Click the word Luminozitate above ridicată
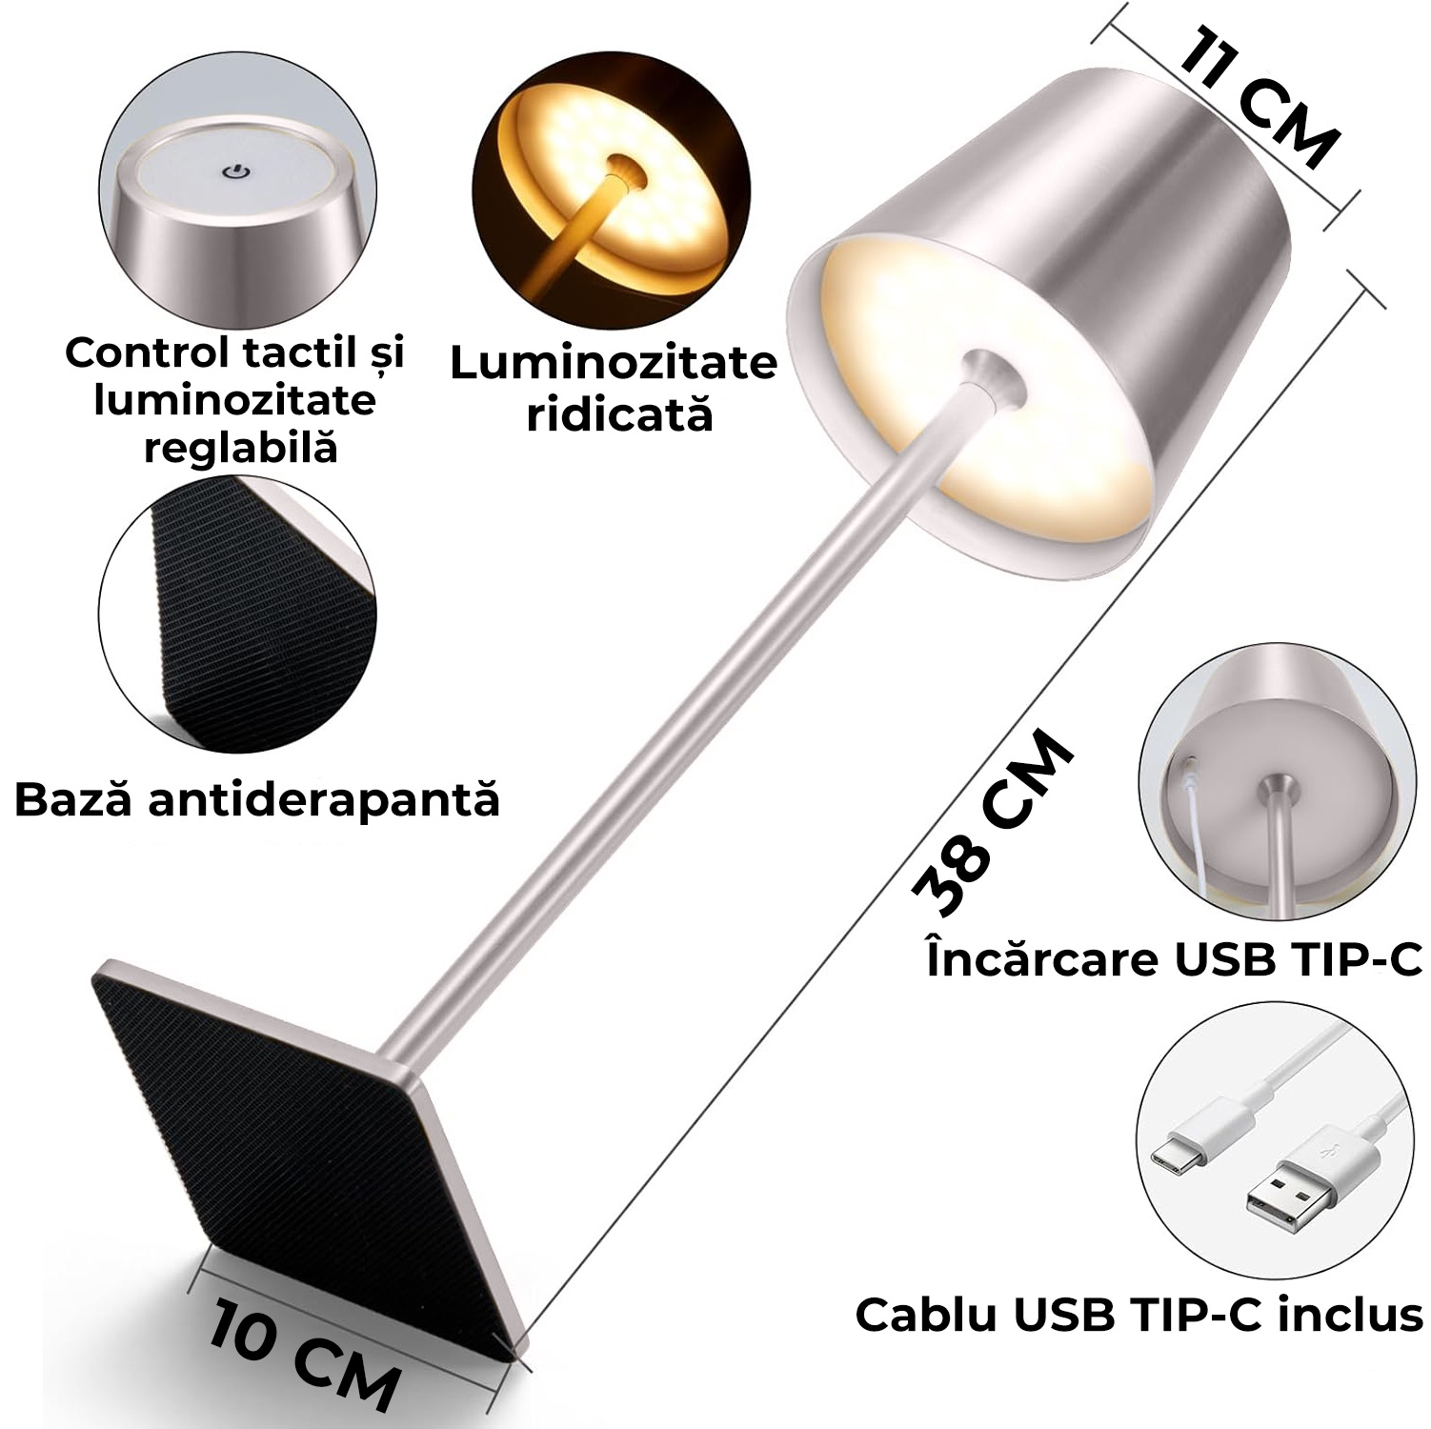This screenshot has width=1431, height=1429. [614, 364]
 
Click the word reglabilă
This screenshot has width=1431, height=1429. [241, 446]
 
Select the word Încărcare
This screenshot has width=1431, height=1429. [1041, 957]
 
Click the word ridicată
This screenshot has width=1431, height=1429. [619, 414]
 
